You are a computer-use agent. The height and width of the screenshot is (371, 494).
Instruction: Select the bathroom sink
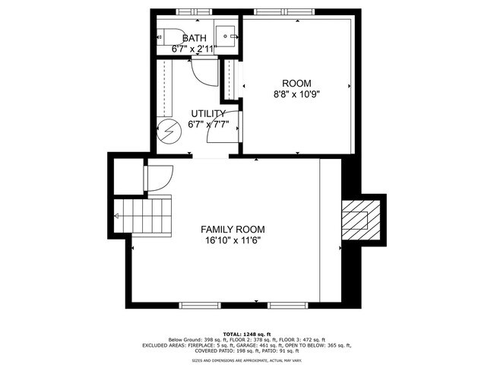point(226,36)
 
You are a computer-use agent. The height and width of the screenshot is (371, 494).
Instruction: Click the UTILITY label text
point(208,113)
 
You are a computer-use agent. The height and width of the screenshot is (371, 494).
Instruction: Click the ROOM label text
point(297,84)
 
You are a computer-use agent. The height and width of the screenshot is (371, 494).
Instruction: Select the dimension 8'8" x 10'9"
point(297,95)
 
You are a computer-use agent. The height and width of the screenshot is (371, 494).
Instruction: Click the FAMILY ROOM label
point(233,230)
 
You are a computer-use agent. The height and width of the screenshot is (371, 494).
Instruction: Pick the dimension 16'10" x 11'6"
point(233,241)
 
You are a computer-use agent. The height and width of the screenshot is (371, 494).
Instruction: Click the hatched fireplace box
point(355,219)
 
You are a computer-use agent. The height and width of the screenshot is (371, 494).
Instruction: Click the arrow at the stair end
point(117,216)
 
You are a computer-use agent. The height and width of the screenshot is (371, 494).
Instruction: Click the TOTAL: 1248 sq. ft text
point(246,333)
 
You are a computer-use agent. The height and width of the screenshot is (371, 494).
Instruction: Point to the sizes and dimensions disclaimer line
point(246,360)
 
